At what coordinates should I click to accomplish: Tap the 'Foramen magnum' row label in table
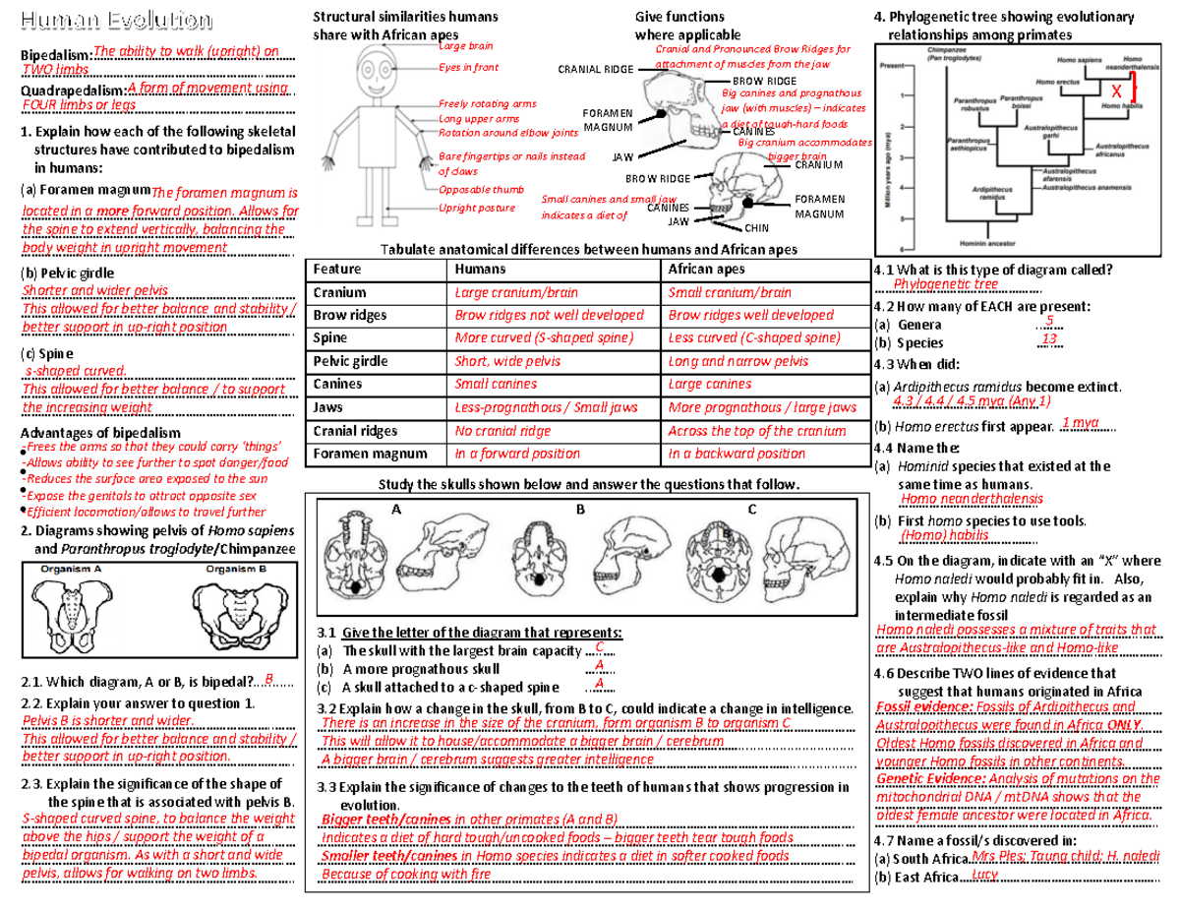[355, 454]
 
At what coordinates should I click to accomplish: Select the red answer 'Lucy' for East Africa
[985, 875]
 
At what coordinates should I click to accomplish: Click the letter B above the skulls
[580, 510]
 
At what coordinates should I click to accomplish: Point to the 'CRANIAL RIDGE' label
[596, 70]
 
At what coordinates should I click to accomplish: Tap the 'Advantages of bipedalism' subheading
[100, 433]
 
